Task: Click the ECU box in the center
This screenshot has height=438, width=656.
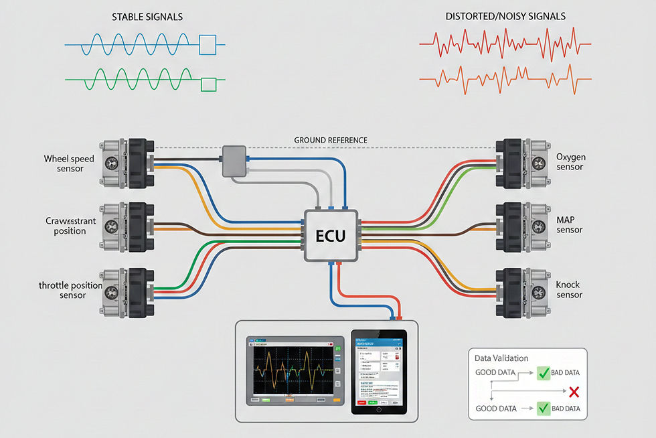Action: tap(331, 236)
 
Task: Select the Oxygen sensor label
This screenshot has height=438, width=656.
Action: tap(570, 162)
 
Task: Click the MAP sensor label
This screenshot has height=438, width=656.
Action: tap(570, 224)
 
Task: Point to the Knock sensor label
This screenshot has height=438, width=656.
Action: tap(569, 289)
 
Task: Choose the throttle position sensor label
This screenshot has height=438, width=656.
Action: tap(71, 290)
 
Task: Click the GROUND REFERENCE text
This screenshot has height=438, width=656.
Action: tap(331, 140)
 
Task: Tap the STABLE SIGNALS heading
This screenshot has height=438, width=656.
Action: tap(147, 16)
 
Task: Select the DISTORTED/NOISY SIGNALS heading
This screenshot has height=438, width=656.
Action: tap(505, 16)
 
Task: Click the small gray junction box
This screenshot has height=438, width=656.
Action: tap(235, 161)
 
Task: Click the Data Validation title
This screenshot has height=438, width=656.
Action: tap(501, 358)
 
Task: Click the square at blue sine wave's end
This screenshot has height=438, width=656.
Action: tap(208, 45)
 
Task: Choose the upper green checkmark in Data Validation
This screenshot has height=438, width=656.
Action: tap(543, 374)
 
